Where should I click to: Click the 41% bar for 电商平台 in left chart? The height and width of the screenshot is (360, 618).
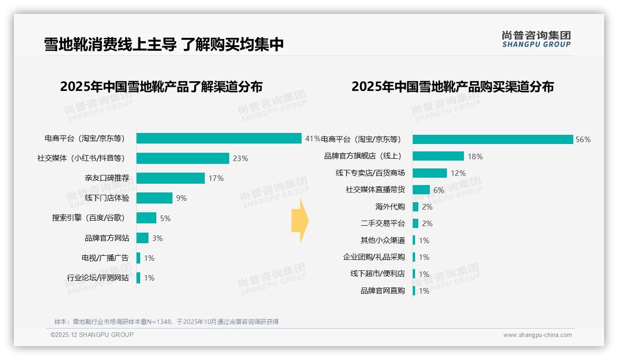pyautogui.click(x=219, y=138)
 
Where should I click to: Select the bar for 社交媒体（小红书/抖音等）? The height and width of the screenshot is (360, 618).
pyautogui.click(x=183, y=158)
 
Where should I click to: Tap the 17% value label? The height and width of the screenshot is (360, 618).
pyautogui.click(x=216, y=178)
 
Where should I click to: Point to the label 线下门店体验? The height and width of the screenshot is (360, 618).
pyautogui.click(x=107, y=198)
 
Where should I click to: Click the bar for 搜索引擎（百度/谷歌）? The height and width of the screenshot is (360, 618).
pyautogui.click(x=147, y=218)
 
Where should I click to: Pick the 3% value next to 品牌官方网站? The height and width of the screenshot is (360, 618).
pyautogui.click(x=157, y=238)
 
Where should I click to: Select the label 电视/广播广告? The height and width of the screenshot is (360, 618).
pyautogui.click(x=105, y=258)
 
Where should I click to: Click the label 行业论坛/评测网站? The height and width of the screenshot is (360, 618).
pyautogui.click(x=98, y=278)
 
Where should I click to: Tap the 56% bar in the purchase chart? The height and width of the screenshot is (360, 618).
pyautogui.click(x=493, y=139)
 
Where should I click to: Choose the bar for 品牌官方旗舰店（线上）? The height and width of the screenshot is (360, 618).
pyautogui.click(x=438, y=156)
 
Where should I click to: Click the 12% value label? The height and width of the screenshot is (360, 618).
pyautogui.click(x=458, y=173)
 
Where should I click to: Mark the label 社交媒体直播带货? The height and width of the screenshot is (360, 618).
pyautogui.click(x=375, y=190)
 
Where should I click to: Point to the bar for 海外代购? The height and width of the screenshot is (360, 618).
pyautogui.click(x=416, y=207)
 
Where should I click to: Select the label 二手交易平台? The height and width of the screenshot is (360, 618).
pyautogui.click(x=383, y=223)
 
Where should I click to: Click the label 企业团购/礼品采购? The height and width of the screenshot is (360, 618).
pyautogui.click(x=374, y=257)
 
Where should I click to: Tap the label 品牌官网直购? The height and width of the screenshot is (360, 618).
pyautogui.click(x=383, y=291)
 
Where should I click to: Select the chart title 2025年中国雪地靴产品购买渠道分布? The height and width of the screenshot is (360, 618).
pyautogui.click(x=452, y=87)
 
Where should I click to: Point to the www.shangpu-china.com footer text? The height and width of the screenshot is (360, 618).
pyautogui.click(x=537, y=335)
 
